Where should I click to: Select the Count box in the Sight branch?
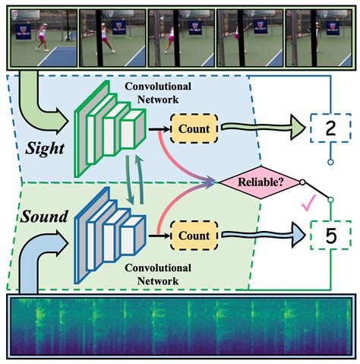pyautogui.click(x=194, y=129)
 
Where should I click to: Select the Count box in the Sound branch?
pyautogui.click(x=194, y=236)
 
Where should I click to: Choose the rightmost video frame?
pyautogui.click(x=316, y=33)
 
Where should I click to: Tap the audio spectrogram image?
pyautogui.click(x=180, y=328)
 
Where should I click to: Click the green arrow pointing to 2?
pyautogui.click(x=262, y=130)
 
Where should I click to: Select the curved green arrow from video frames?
pyautogui.click(x=38, y=103)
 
